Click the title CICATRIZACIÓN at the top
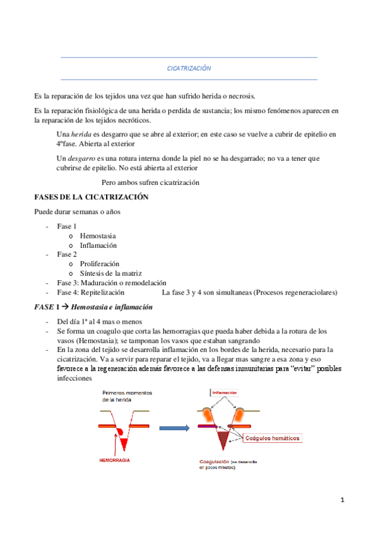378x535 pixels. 188,68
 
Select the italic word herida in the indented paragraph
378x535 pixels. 81,134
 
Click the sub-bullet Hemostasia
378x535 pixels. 98,236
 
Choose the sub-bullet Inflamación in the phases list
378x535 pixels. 98,245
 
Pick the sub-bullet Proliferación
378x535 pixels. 100,264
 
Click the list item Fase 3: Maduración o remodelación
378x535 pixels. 111,283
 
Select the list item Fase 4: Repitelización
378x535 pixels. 90,292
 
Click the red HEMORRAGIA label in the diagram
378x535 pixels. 114,461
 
